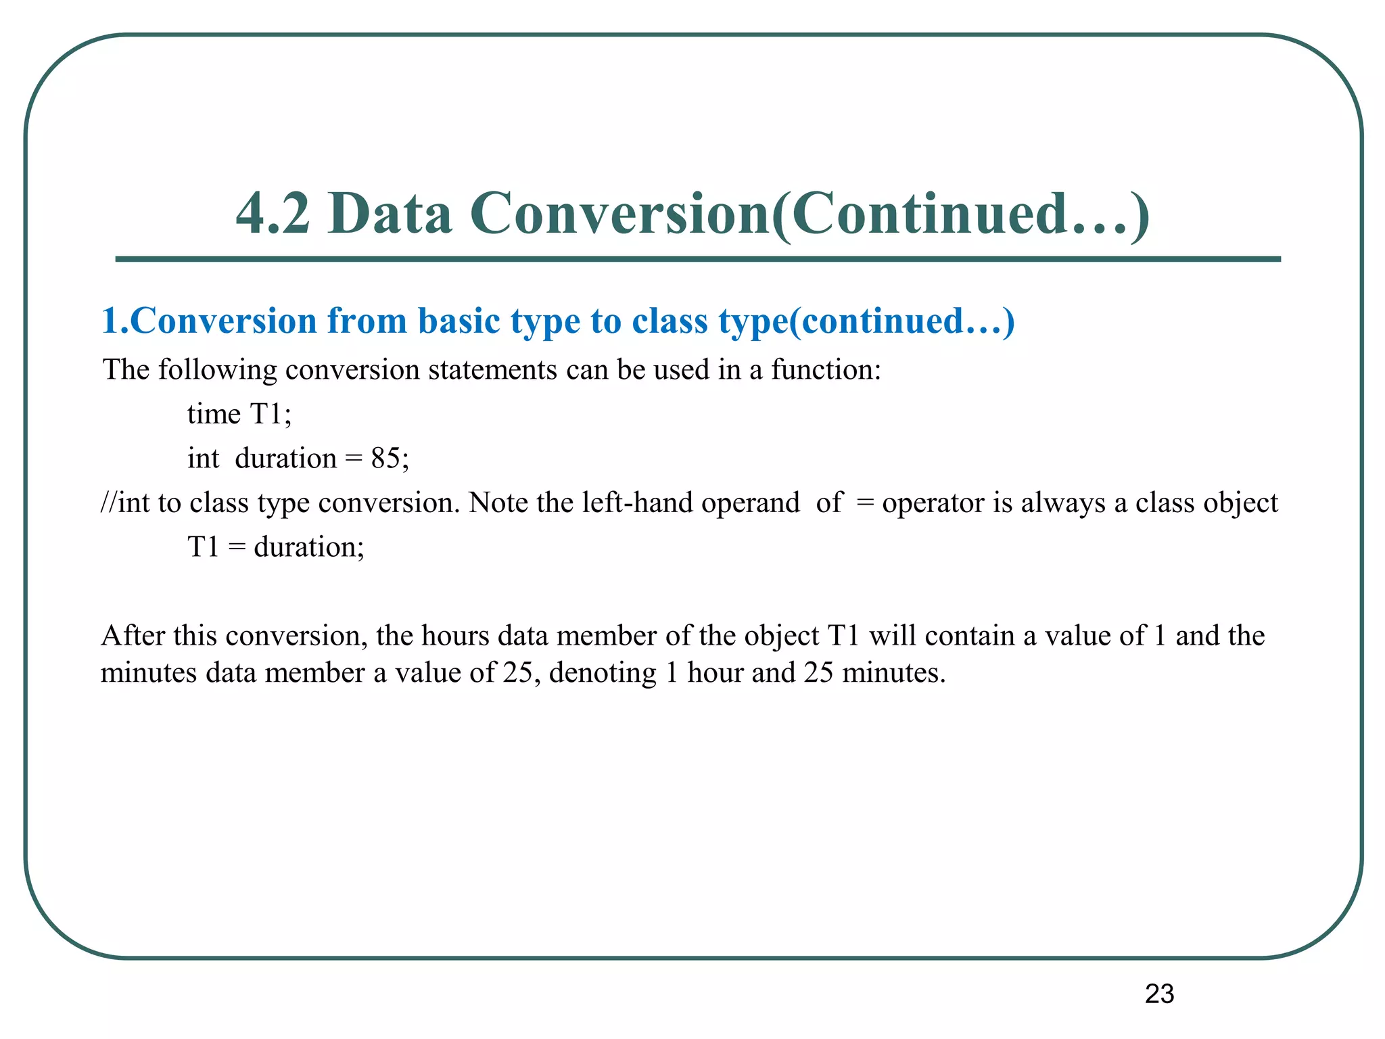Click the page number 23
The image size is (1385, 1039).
[x=1159, y=994]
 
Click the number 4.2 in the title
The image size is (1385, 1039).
[x=273, y=214]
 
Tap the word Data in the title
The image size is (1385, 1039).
[x=390, y=214]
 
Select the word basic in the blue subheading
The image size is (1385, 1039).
[x=459, y=321]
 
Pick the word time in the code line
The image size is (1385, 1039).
[x=214, y=414]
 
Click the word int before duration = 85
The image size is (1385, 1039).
[x=203, y=459]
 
